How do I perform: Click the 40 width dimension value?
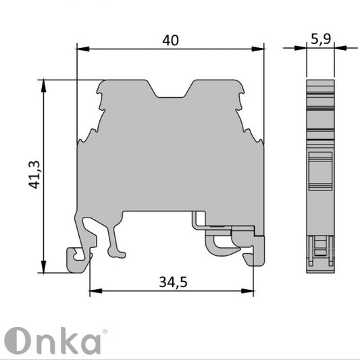[x=170, y=41]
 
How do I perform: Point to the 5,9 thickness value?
[x=320, y=39]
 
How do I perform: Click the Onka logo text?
[x=54, y=341]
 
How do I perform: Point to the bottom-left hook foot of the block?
[x=76, y=259]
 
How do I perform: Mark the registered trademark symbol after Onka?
[x=104, y=332]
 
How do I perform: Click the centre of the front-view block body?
[x=170, y=162]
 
